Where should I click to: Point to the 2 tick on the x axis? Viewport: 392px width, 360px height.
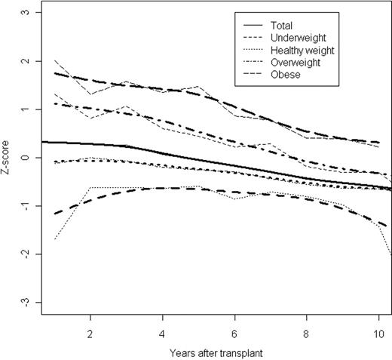pos(90,332)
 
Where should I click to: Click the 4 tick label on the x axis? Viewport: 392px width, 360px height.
pos(163,332)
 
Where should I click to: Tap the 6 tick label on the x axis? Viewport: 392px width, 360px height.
pos(235,332)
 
